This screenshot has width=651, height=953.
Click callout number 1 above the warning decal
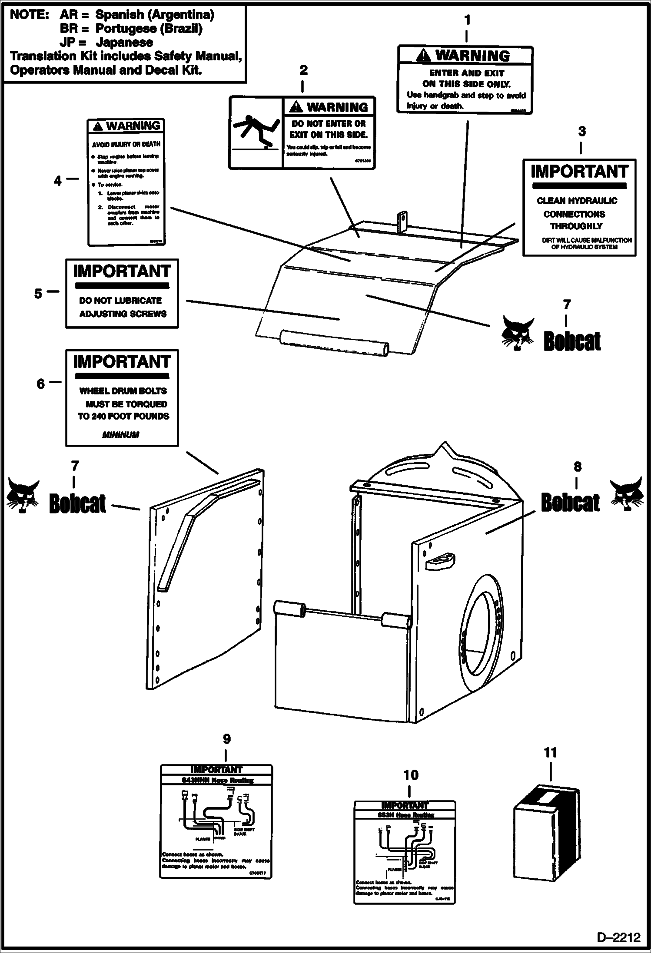tap(467, 20)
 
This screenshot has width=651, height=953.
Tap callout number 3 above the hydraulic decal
tap(581, 131)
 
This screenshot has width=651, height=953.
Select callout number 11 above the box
tap(550, 753)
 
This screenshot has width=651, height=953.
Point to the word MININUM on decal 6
tap(121, 435)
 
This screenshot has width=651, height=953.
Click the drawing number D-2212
tap(619, 937)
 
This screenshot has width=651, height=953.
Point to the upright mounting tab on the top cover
tap(402, 222)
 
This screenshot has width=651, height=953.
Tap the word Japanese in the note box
tap(124, 43)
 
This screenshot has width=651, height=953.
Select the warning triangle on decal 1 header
tap(423, 56)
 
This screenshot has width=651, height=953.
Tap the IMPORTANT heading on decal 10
tap(405, 805)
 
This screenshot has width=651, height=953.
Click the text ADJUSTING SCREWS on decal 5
tap(123, 314)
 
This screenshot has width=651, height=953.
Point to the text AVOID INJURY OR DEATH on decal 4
tap(126, 144)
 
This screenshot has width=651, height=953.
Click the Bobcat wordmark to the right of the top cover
tap(572, 341)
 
